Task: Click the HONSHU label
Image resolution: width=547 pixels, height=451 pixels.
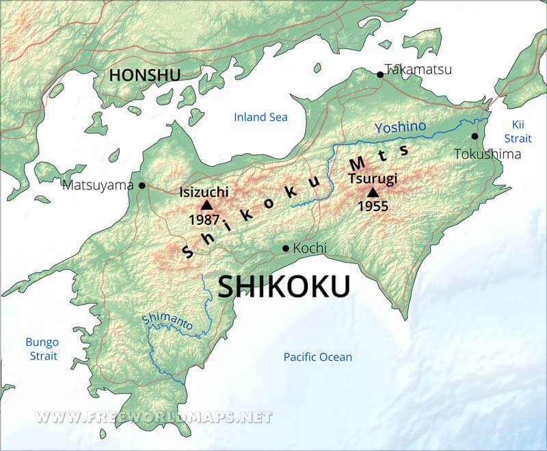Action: (x=144, y=75)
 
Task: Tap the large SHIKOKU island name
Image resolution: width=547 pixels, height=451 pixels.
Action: (x=284, y=286)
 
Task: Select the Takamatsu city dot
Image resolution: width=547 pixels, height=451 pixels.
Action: (x=380, y=74)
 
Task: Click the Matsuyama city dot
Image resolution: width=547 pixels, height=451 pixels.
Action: (x=142, y=184)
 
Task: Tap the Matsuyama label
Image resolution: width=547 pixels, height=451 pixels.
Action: (x=98, y=184)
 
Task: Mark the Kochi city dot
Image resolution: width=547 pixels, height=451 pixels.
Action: (x=286, y=248)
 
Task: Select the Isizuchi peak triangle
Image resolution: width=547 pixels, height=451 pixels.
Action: (x=206, y=204)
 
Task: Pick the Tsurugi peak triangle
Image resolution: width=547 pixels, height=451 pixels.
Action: (x=373, y=192)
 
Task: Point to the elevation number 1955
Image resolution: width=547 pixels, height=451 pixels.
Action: (x=373, y=206)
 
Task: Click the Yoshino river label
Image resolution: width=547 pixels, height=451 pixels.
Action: (x=400, y=126)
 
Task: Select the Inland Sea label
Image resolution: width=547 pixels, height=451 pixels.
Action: (x=261, y=117)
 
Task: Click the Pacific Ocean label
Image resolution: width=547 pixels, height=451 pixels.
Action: (x=318, y=357)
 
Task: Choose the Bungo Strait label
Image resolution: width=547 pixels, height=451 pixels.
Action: (x=42, y=349)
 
